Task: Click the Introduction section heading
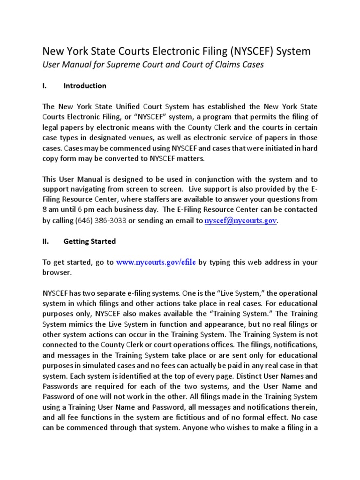click(x=85, y=86)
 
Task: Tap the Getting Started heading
click(x=90, y=241)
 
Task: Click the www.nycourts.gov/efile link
click(x=156, y=262)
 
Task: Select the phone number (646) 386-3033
click(x=100, y=220)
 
